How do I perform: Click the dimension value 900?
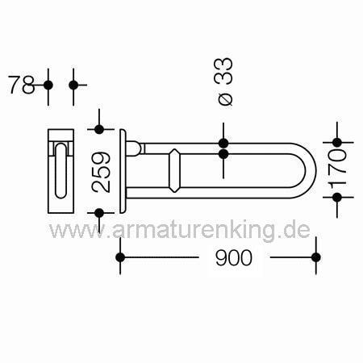[x=234, y=257]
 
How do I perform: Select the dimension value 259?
[x=101, y=173]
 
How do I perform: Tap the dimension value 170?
[x=337, y=170]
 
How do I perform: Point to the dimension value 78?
[x=21, y=85]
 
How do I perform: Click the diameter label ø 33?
[x=223, y=81]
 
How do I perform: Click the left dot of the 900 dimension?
[x=120, y=257]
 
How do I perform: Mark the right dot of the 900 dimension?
[x=316, y=257]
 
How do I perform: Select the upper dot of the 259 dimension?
[x=99, y=129]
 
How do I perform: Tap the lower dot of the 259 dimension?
[x=99, y=213]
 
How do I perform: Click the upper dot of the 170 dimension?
[x=337, y=142]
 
